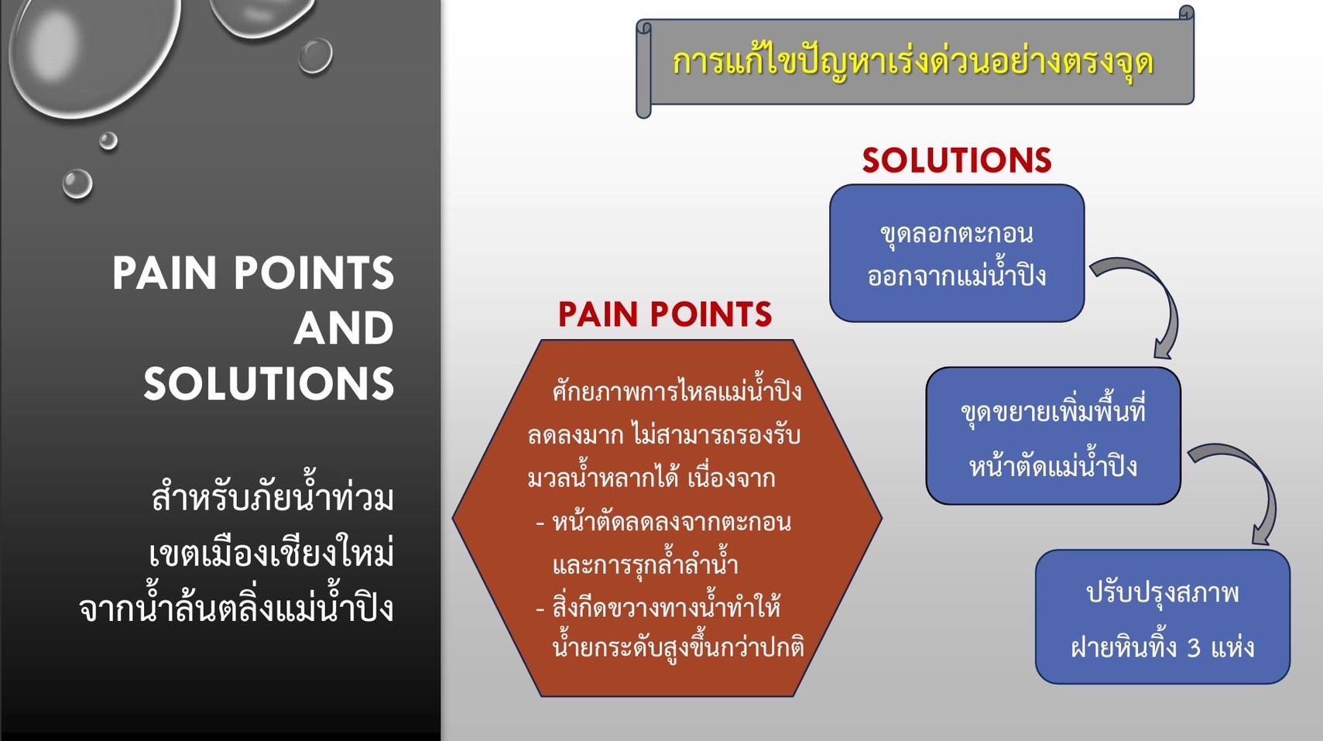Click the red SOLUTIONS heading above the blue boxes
[x=957, y=160]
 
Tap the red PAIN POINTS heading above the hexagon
[x=665, y=314]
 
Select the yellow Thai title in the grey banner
[x=913, y=63]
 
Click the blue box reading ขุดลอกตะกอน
[x=957, y=253]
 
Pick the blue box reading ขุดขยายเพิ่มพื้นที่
[x=1053, y=435]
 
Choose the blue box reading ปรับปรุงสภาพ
[x=1162, y=616]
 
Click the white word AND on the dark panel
[x=344, y=328]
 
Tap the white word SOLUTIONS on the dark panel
[x=269, y=384]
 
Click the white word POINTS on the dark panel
[x=314, y=273]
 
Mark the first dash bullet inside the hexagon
[x=540, y=523]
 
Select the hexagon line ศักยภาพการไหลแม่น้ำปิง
[x=677, y=392]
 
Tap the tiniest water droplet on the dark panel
[x=108, y=141]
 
